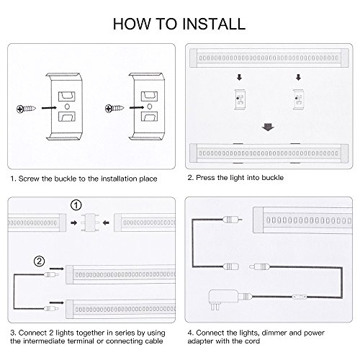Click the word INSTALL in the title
coord(214,24)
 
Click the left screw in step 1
coord(26,109)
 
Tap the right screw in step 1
coord(114,109)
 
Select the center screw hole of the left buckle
coord(67,106)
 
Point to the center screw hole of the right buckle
coord(149,106)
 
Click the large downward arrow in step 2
coord(268,127)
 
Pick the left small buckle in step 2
coord(240,99)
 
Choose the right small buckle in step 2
coord(298,99)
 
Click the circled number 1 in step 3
coord(76,205)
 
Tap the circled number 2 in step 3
coord(40,261)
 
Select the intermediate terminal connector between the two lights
coord(90,222)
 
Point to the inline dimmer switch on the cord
coord(300,297)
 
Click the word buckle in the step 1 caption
coord(66,179)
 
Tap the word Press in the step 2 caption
coord(205,178)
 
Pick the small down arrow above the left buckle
coord(239,77)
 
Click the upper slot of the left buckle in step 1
coord(67,96)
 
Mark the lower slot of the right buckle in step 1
coord(149,117)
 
